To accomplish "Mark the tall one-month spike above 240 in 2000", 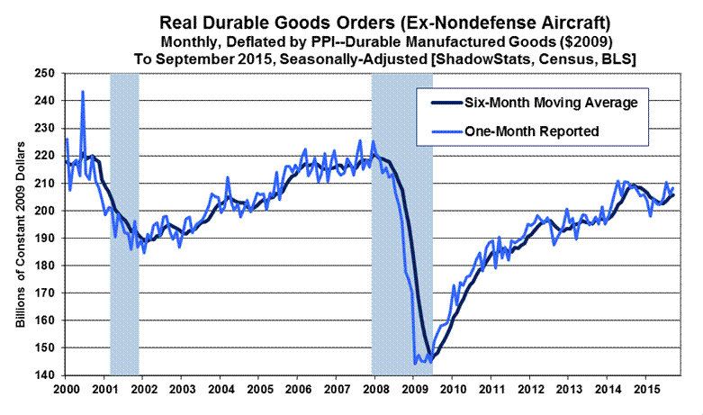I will [83, 92].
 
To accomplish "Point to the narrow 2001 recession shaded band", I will [124, 225].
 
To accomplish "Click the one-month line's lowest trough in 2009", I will [415, 364].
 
